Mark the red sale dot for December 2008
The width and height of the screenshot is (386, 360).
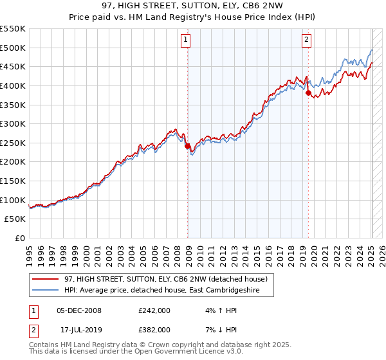[x=188, y=146]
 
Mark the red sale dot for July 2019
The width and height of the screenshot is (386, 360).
[x=308, y=93]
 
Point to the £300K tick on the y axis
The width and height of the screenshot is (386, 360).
[x=14, y=123]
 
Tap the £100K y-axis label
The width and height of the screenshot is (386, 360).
[x=14, y=200]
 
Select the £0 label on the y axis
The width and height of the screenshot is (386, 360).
[x=19, y=238]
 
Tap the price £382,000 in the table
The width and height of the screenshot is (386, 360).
[x=154, y=329]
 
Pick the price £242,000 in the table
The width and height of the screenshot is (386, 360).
[x=154, y=310]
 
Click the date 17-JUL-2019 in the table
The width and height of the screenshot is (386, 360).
[x=79, y=329]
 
